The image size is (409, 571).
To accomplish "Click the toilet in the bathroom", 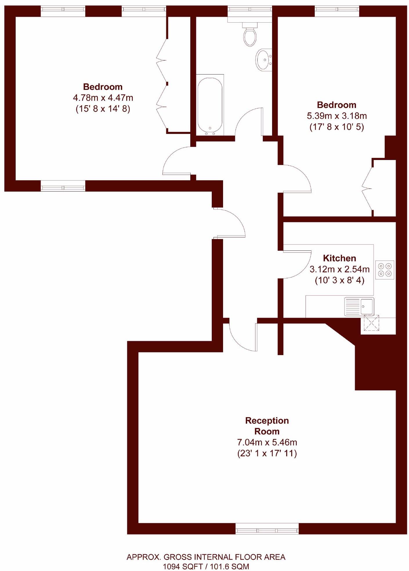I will point(250,35).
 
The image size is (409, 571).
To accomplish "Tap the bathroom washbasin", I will point(263,60).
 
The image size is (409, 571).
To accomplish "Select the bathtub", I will point(210,105).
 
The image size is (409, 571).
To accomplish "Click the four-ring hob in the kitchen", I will point(385,270).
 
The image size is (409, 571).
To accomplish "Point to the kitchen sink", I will point(359,306).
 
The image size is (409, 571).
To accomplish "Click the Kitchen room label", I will point(339,258).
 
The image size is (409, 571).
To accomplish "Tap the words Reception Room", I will point(267,426).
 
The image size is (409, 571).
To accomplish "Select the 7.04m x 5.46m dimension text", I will point(267,442).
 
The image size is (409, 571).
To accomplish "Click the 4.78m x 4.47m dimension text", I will point(103,98).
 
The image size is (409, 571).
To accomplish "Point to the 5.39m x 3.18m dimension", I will point(337,116).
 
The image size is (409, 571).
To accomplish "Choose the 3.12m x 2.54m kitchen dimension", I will point(339,269).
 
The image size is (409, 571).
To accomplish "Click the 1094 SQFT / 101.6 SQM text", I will point(206,566).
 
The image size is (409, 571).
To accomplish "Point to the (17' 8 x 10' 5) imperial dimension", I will point(337,127).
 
